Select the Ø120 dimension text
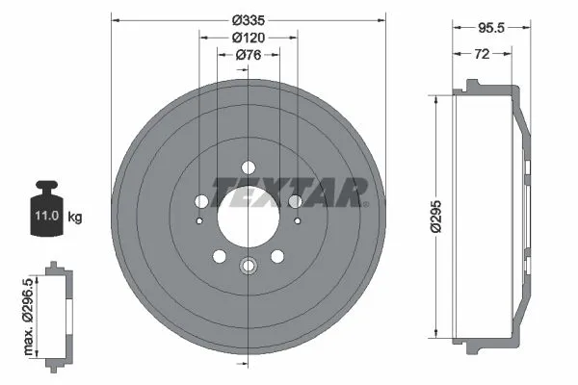[249, 37]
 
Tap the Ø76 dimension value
[249, 55]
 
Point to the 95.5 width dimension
[491, 28]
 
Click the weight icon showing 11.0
[45, 206]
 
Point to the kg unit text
[75, 218]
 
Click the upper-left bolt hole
[201, 201]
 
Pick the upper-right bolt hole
[296, 201]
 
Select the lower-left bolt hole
[219, 256]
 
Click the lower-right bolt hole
[277, 256]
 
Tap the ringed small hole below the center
[249, 268]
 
